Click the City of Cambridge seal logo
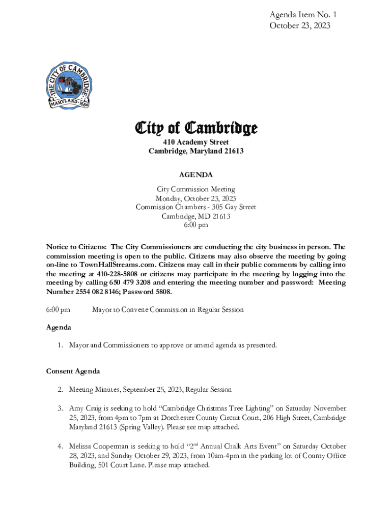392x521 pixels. (x=71, y=84)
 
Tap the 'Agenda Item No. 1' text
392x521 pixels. (x=302, y=15)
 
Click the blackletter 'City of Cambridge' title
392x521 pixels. (x=195, y=128)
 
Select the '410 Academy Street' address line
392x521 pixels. (x=195, y=142)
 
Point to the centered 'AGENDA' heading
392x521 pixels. (x=195, y=175)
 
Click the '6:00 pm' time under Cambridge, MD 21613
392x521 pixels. (x=195, y=225)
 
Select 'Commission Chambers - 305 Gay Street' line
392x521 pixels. (x=195, y=207)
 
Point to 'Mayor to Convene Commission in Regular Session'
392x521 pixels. (x=167, y=309)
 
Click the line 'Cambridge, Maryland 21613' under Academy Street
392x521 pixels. (x=195, y=152)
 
